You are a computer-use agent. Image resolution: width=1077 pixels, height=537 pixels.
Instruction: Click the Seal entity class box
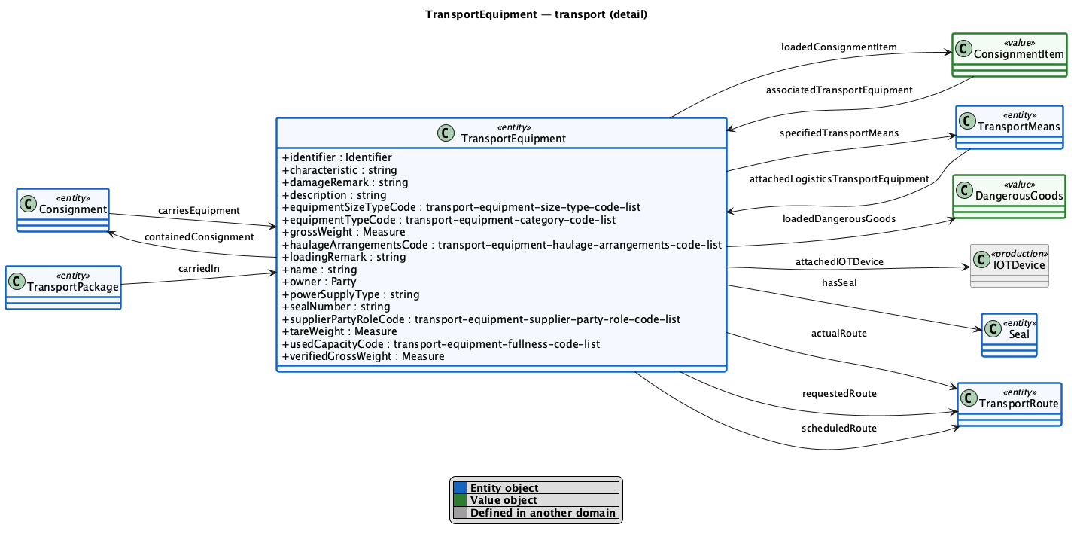coord(1009,335)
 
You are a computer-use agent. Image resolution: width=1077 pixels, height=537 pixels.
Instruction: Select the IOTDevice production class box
coord(1009,266)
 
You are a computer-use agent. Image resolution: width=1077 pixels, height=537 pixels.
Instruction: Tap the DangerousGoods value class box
coord(1009,197)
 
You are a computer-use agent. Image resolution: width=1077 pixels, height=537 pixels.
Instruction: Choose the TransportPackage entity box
coord(63,287)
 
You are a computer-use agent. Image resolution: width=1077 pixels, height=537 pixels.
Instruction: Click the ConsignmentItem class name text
coord(1019,54)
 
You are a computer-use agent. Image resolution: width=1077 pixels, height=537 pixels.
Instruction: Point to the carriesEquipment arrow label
coord(199,210)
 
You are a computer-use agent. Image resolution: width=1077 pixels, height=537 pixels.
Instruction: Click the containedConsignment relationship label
coord(199,236)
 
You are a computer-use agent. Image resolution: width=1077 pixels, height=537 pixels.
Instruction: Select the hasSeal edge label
coord(839,282)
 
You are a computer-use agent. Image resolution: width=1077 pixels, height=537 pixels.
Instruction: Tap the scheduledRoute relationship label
coord(839,429)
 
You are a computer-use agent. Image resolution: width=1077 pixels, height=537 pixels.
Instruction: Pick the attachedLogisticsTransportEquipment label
coord(839,179)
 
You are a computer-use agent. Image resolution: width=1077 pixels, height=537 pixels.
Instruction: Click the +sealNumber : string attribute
coord(336,307)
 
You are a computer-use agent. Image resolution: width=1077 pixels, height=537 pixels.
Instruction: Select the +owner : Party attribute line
coord(319,282)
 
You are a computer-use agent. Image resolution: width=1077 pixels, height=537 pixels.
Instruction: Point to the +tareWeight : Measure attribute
coord(339,331)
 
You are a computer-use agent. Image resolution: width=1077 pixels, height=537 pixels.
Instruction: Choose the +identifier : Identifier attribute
coord(336,157)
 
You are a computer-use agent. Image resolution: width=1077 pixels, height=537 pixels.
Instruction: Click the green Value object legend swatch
coord(460,500)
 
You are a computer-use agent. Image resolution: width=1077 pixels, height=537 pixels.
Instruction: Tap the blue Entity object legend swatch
coord(460,488)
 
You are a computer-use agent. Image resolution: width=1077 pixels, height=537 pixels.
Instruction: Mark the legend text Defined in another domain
coord(543,513)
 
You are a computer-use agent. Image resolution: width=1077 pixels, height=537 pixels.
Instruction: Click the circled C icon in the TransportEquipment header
coord(446,133)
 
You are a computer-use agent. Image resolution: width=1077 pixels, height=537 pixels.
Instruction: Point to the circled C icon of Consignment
coord(29,203)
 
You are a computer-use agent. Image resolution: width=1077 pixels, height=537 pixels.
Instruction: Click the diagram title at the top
coord(536,14)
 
